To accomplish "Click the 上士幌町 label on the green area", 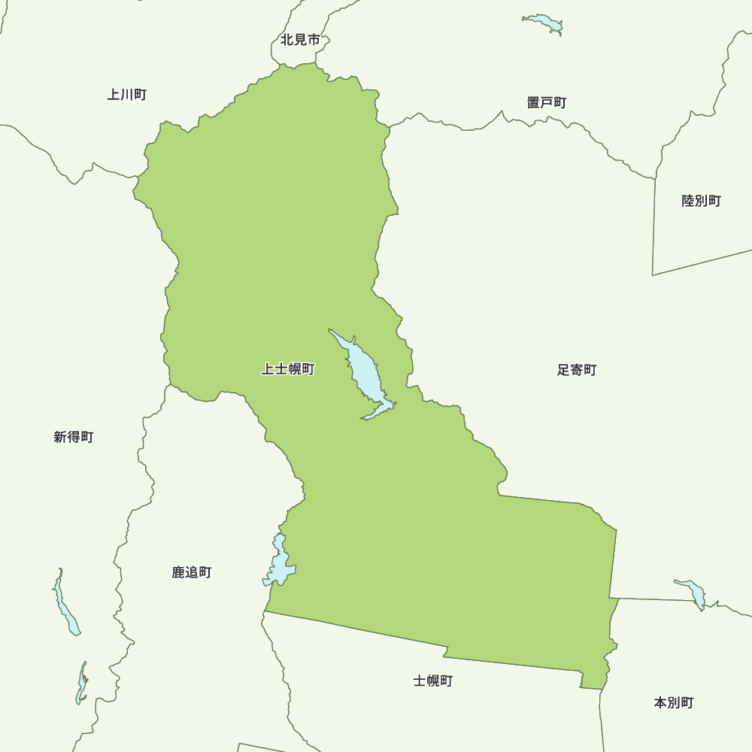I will pos(288,369).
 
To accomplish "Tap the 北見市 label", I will pos(300,40).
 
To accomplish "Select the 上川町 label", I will pos(126,95).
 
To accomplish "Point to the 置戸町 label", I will pos(547,102).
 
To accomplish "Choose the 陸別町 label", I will pos(701,201).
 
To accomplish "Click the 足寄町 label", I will pos(577,370).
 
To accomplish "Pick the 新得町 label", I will pos(74,437).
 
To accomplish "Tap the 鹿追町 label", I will pos(192,572).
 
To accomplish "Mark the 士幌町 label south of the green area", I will pos(433,681).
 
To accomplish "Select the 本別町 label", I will pos(674,702).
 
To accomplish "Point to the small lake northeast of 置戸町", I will pos(544,23).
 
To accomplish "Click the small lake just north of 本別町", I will pos(692,593).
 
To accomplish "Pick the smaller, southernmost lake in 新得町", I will pos(81,685).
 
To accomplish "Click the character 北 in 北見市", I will pos(287,40).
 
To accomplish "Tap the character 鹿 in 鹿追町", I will pos(178,572).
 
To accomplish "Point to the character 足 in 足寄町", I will pos(563,370).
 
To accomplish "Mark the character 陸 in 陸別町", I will pos(688,201).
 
